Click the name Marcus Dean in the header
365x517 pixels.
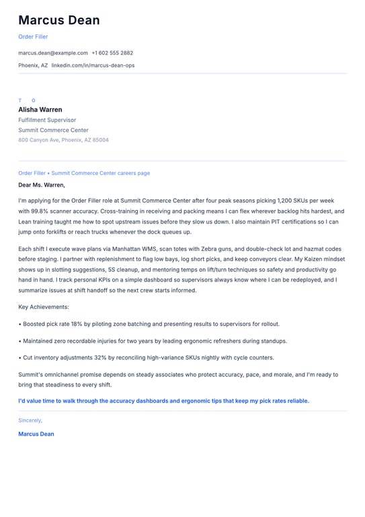tap(58, 20)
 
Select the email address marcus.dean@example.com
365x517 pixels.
tap(53, 53)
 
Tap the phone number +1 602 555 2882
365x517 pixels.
tap(112, 53)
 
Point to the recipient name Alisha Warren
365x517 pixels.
tap(40, 110)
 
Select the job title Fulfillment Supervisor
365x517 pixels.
tap(47, 120)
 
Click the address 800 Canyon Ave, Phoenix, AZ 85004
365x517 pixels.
tap(63, 140)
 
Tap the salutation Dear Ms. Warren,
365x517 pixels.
tap(42, 184)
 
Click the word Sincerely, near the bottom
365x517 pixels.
tap(30, 420)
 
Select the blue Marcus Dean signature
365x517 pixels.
tap(36, 434)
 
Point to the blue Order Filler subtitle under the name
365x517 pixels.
tap(33, 37)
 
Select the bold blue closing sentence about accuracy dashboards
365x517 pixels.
tap(163, 401)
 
